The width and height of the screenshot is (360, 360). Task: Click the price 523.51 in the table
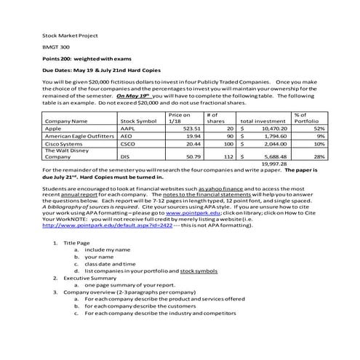(x=190, y=128)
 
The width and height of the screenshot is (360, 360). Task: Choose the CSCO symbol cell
(x=129, y=144)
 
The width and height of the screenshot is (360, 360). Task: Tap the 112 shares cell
(x=227, y=156)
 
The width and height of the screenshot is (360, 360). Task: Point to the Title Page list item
(x=77, y=242)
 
